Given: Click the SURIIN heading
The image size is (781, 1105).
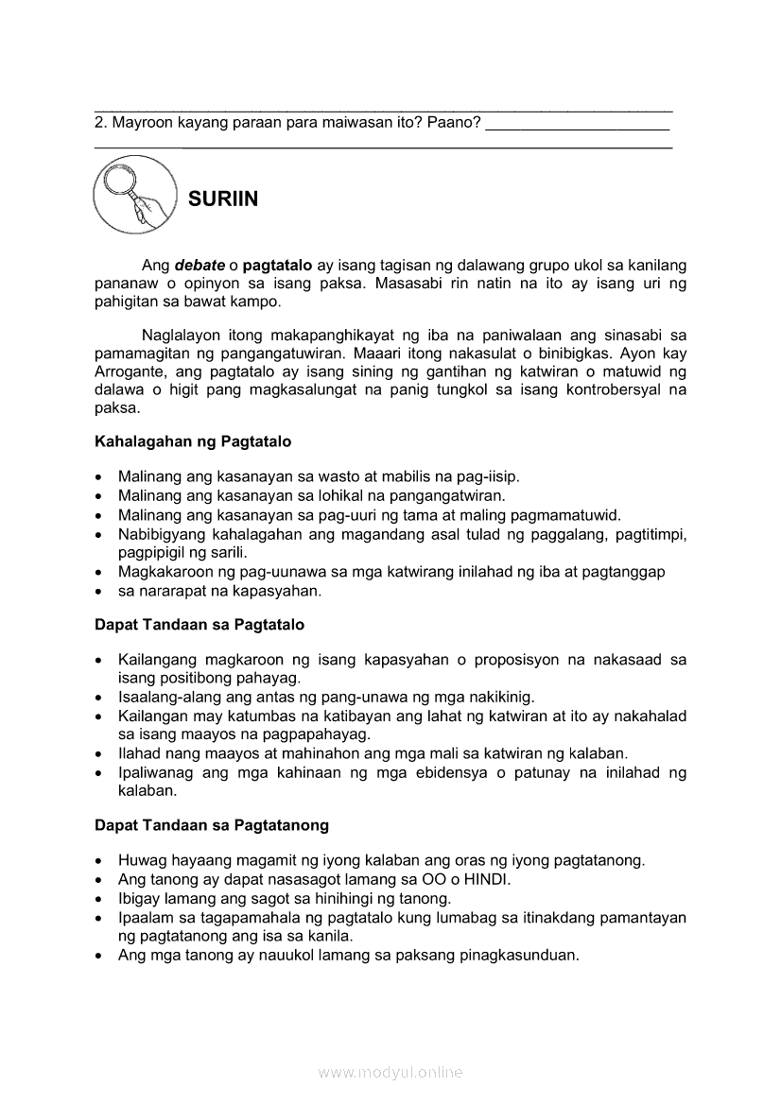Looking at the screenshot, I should tap(223, 199).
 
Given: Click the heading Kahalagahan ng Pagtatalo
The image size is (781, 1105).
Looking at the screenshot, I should tap(193, 441).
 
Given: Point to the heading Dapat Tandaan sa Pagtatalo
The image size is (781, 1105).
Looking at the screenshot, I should tap(199, 625).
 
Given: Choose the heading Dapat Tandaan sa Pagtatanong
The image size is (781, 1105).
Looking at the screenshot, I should tap(212, 825).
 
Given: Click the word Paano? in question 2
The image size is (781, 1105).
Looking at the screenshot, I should tap(454, 123).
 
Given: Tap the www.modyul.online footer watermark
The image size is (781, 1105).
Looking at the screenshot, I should tap(390, 1073).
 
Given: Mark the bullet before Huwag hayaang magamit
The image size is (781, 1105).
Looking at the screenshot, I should tap(100, 861).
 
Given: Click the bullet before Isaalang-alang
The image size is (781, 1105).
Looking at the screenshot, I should tap(100, 698).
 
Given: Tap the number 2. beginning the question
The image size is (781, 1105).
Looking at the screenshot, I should tap(101, 123).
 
